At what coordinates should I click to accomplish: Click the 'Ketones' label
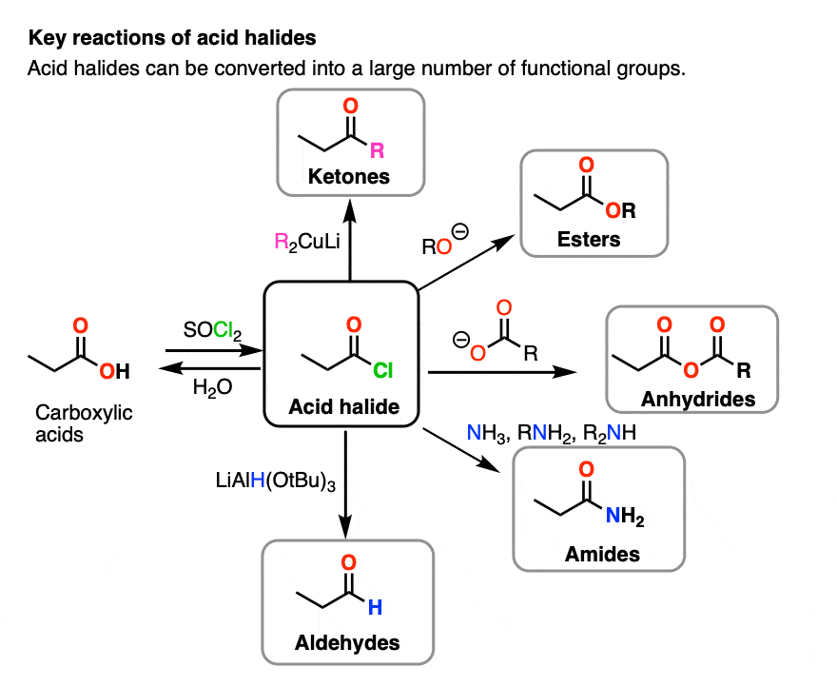[x=349, y=176]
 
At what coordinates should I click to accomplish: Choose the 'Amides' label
[x=601, y=553]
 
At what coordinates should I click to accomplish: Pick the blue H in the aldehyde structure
[x=376, y=608]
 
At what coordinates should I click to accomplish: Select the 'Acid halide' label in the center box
[x=343, y=407]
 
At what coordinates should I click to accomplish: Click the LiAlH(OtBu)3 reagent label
[x=274, y=482]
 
